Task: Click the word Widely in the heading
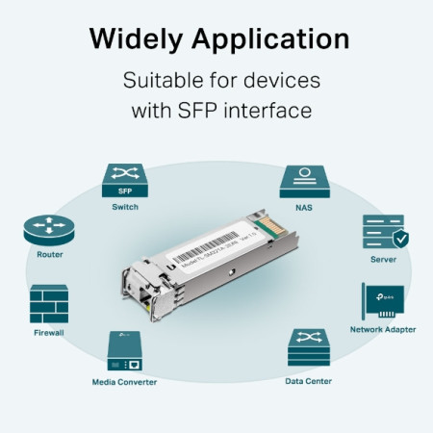pyautogui.click(x=138, y=39)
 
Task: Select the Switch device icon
pyautogui.click(x=123, y=180)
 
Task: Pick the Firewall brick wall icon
pyautogui.click(x=49, y=303)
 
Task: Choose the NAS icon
pyautogui.click(x=304, y=181)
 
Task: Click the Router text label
pyautogui.click(x=49, y=255)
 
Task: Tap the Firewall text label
pyautogui.click(x=49, y=332)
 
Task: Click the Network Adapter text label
pyautogui.click(x=383, y=330)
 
